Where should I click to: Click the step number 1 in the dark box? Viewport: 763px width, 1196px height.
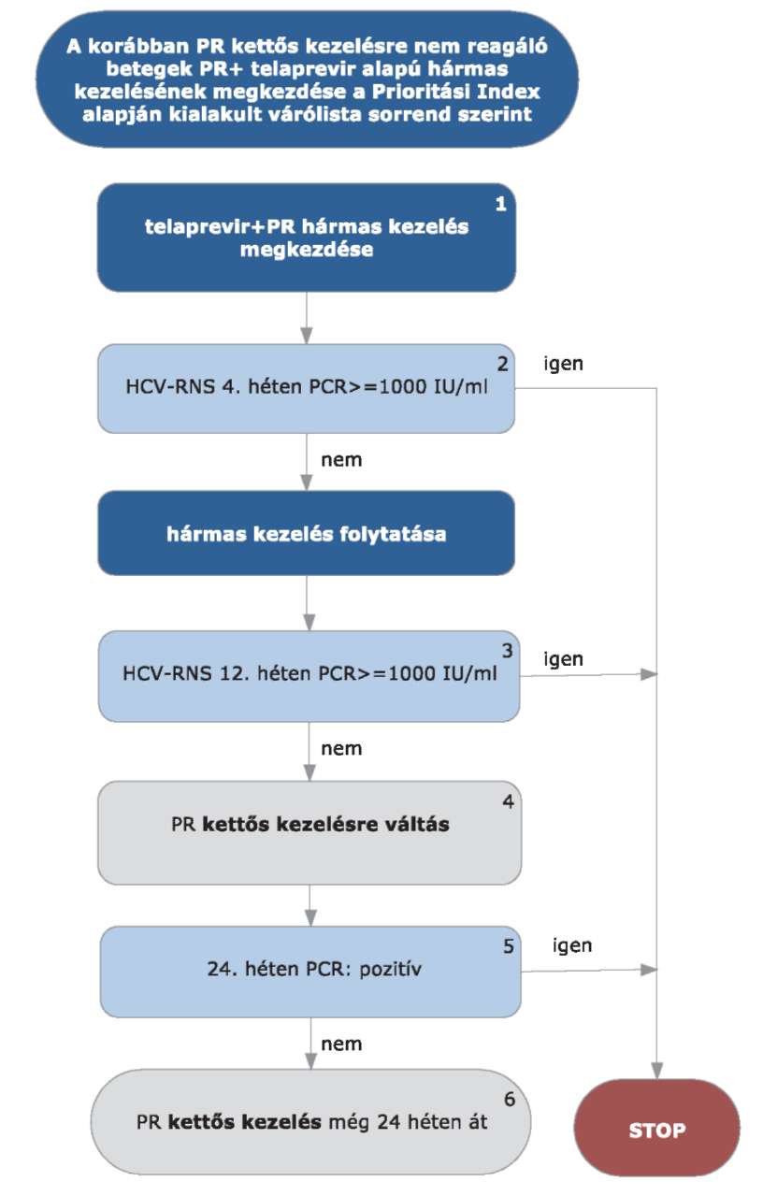coord(500,204)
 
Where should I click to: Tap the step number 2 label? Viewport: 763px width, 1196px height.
coord(502,364)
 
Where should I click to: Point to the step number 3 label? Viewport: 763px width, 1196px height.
coord(507,650)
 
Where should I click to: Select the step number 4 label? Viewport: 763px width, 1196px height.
coord(508,800)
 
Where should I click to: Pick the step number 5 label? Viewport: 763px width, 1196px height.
coord(509,945)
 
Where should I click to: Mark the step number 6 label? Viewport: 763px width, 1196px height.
coord(510,1099)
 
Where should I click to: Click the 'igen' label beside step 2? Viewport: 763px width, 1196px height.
coord(563,364)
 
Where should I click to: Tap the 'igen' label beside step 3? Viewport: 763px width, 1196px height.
coord(563,659)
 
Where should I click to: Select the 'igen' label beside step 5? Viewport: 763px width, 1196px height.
coord(572,945)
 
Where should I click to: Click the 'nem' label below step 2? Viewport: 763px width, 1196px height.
coord(341,460)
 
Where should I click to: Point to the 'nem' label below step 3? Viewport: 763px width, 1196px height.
coord(341,749)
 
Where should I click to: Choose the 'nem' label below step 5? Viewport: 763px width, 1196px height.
coord(341,1044)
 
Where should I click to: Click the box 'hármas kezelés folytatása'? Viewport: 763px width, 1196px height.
coord(306,533)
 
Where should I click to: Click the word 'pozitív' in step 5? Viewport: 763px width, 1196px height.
coord(390,969)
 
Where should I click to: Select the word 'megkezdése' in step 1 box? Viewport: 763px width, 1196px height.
coord(306,250)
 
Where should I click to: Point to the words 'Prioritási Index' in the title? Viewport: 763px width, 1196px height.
coord(456,92)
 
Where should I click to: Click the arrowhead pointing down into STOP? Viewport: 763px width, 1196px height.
coord(656,1070)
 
